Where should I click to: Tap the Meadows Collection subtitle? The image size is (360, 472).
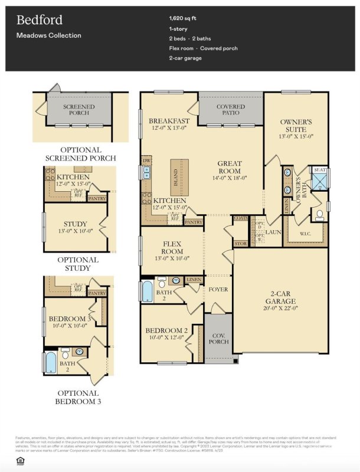click(x=49, y=35)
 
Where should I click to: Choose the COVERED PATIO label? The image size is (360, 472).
click(x=230, y=110)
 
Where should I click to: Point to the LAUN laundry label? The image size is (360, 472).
click(x=273, y=232)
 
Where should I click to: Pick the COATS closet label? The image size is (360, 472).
click(x=240, y=218)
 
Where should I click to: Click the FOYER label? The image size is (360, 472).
click(x=218, y=290)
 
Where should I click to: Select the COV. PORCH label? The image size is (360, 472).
click(x=218, y=339)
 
